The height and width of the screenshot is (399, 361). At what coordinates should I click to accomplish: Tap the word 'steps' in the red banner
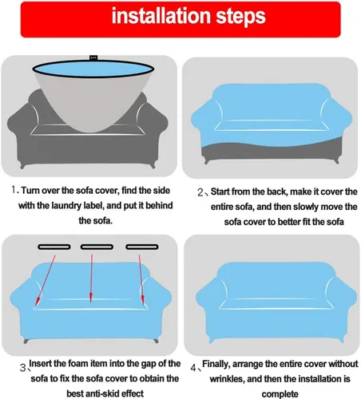[241, 18]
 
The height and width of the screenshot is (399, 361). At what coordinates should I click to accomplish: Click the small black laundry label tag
[93, 57]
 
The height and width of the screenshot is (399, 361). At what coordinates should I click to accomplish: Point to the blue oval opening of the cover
[93, 69]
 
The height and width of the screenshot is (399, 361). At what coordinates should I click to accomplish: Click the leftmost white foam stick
[54, 247]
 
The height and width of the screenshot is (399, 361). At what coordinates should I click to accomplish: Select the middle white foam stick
[97, 247]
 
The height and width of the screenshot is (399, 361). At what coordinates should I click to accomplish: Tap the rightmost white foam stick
[142, 247]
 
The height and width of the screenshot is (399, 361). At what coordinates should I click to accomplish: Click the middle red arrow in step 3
[91, 279]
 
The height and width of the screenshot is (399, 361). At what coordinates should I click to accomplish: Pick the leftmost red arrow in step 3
[46, 281]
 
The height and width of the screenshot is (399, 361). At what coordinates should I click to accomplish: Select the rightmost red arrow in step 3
[141, 280]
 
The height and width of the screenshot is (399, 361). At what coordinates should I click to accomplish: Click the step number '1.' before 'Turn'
[15, 190]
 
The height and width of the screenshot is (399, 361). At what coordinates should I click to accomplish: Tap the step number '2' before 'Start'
[200, 192]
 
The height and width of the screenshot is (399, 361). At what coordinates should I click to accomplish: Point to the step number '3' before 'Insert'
[23, 368]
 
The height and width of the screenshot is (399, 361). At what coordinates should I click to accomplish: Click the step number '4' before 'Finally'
[193, 368]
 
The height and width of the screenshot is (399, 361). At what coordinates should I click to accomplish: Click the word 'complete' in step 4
[280, 394]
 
